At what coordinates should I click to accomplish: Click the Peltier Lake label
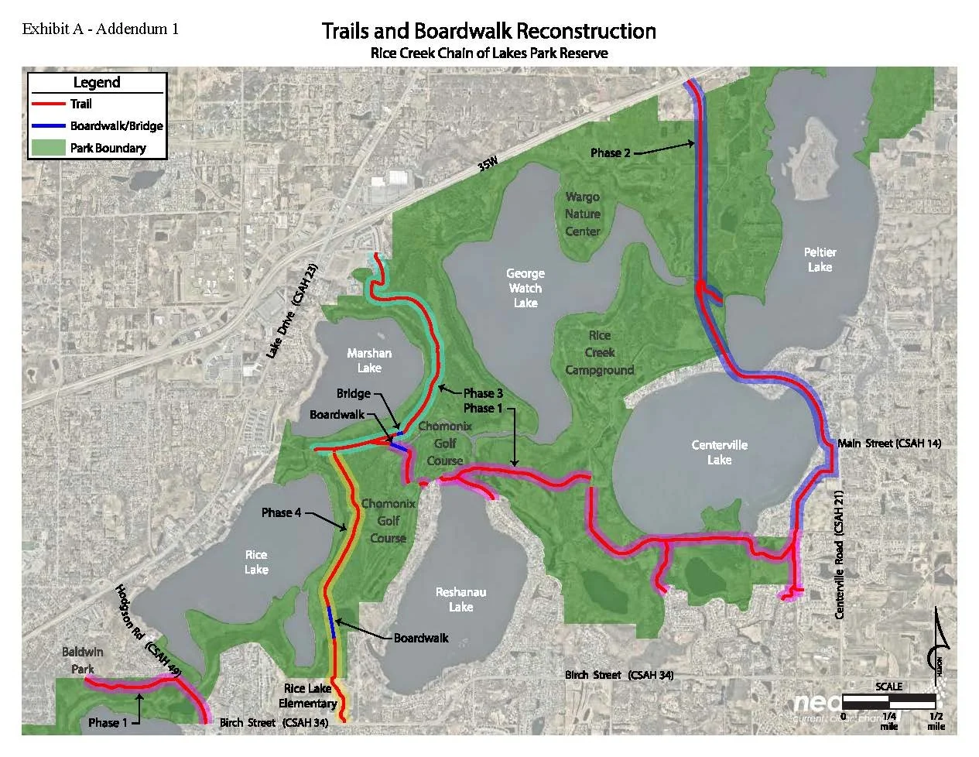(820, 259)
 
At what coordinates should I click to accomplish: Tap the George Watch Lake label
(525, 288)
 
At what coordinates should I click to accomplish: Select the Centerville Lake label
(719, 452)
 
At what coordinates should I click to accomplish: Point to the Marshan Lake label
(369, 360)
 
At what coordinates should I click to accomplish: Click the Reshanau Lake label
(460, 599)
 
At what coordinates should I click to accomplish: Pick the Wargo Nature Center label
(583, 214)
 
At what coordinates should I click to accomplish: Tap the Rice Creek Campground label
(600, 353)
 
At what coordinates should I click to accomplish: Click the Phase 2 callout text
(611, 153)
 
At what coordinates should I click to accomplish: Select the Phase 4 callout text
(281, 512)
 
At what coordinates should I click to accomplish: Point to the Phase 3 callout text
(483, 393)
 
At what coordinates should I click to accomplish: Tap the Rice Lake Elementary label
(308, 696)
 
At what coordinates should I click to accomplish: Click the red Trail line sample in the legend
(48, 104)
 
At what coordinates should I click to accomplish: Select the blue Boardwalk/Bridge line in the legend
(48, 125)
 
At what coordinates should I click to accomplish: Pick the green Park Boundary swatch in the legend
(48, 147)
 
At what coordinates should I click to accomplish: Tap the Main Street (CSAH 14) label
(889, 444)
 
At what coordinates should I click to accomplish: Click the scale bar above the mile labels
(889, 700)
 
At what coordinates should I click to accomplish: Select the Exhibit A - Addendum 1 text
(101, 29)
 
